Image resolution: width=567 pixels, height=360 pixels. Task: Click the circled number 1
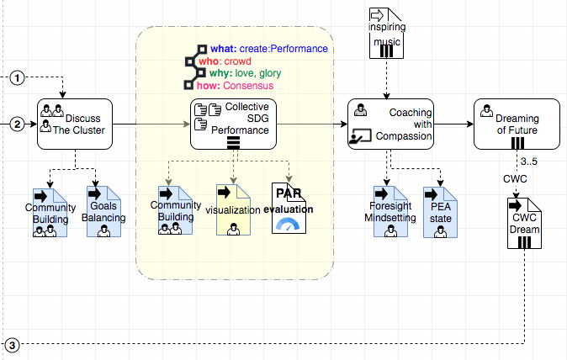[x=18, y=78]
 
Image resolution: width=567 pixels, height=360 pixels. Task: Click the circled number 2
[x=18, y=125]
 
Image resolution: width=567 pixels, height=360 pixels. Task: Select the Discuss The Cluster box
[x=75, y=124]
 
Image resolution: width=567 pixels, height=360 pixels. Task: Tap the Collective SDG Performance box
[x=233, y=124]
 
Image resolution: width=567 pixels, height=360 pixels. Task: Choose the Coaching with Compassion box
[x=390, y=124]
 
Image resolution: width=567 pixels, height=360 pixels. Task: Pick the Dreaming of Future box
[x=517, y=124]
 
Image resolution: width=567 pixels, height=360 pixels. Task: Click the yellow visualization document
[x=233, y=210]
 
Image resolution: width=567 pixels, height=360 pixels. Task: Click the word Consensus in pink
[x=249, y=86]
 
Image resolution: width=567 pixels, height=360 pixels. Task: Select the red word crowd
[x=238, y=61]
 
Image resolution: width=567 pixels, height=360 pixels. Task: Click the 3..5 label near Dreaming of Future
[x=528, y=161]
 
